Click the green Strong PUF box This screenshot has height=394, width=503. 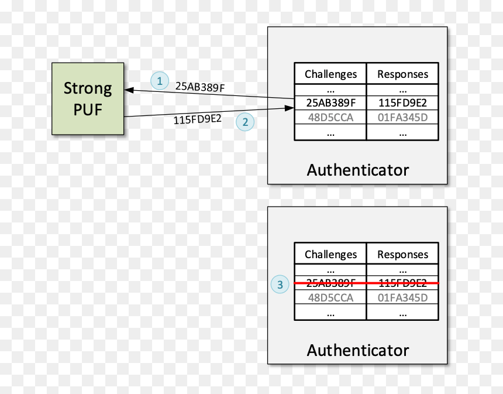(88, 98)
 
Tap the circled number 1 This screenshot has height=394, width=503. (160, 81)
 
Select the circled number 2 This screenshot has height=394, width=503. (245, 122)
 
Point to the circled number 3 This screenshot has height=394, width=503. (280, 284)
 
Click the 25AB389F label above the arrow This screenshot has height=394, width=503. (200, 87)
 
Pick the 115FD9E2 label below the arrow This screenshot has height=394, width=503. (197, 119)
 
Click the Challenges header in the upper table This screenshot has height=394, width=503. (330, 74)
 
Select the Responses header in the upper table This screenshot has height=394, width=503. (402, 74)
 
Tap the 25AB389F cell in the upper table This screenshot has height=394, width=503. (330, 103)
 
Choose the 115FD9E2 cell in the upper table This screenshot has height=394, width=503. (402, 103)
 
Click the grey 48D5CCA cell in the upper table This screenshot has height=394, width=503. (330, 118)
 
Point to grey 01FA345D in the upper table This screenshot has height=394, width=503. (402, 118)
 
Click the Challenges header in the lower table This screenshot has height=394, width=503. (330, 254)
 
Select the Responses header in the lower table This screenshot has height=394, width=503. (402, 254)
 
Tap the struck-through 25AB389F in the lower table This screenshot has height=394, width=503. (330, 283)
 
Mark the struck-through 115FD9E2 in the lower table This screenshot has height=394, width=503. (402, 283)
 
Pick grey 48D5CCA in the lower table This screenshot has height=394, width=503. (330, 297)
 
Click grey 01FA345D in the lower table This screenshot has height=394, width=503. (402, 297)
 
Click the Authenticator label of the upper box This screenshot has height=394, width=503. (358, 170)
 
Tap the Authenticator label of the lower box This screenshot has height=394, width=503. (358, 350)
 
